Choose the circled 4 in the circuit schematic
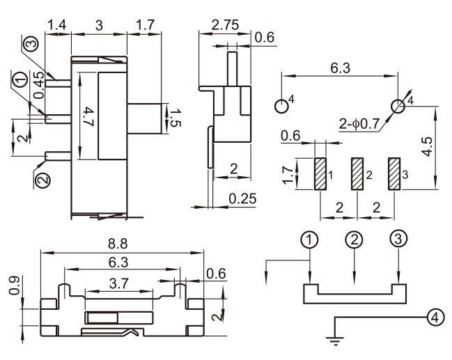click(434, 317)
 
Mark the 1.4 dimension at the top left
click(57, 26)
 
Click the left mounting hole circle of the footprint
click(281, 107)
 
